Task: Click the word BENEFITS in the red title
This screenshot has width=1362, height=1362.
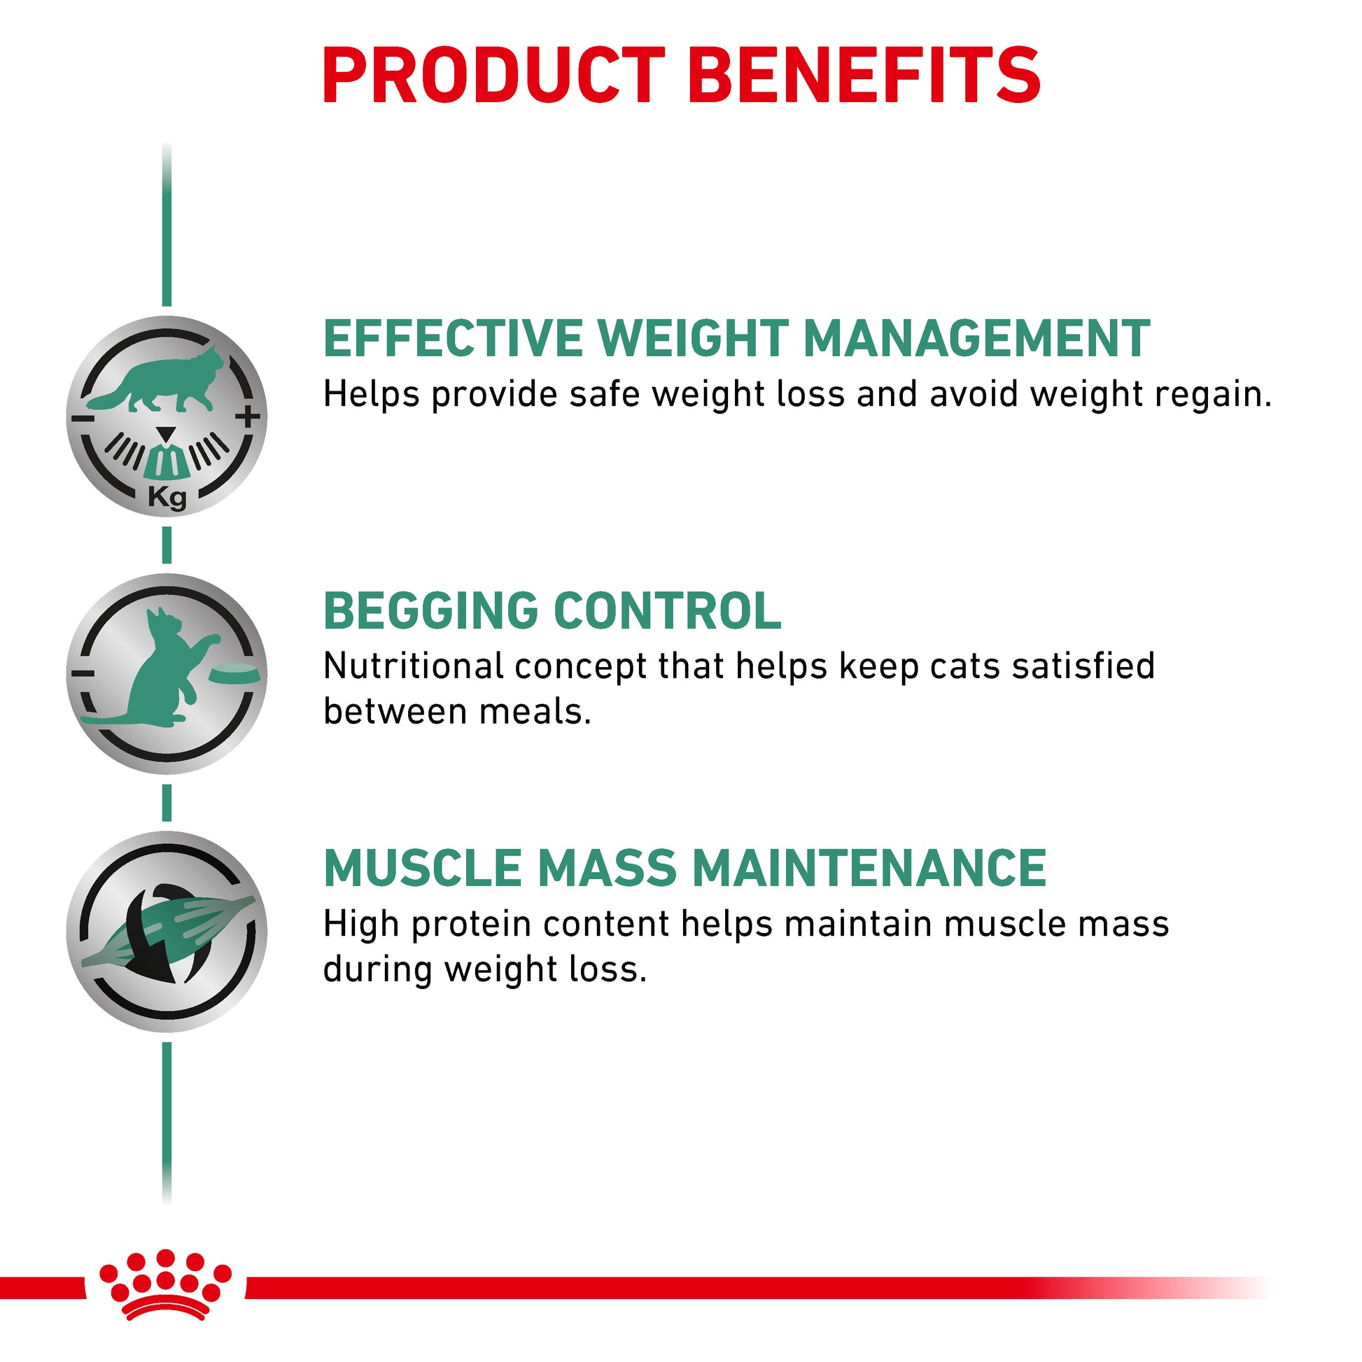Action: pos(868,75)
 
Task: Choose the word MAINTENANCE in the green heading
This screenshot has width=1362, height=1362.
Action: pos(869,868)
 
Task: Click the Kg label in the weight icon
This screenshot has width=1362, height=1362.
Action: pos(167,498)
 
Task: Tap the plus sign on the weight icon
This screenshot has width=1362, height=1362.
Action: pos(248,416)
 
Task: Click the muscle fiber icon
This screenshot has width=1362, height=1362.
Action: pos(168,932)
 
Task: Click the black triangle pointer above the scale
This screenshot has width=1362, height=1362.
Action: pos(166,434)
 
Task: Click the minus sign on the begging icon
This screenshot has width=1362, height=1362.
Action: pos(83,673)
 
